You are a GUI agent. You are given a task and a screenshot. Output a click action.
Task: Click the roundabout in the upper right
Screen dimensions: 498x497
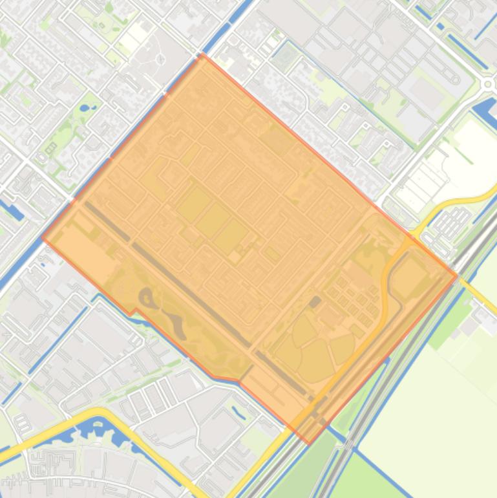click(487, 83)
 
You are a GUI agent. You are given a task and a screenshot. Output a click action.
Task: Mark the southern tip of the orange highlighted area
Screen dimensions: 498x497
click(308, 444)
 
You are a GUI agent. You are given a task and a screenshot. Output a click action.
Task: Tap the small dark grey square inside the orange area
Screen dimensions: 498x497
click(315, 301)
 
